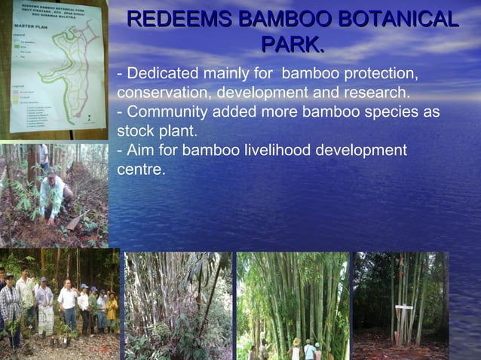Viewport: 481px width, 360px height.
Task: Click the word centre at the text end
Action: [x=139, y=169]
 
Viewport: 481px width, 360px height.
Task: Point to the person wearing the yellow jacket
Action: [x=112, y=307]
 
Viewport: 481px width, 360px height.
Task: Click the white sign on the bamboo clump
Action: [x=406, y=307]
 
